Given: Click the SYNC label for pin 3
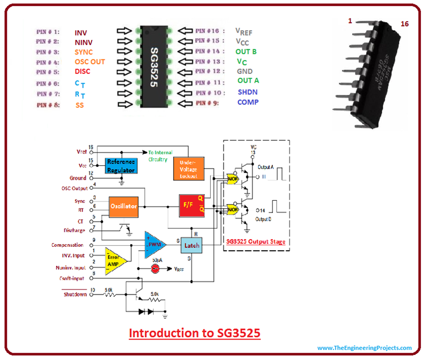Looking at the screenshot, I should [84, 52].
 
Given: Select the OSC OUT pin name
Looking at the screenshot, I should [89, 62].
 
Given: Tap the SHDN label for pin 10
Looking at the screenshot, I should [247, 92].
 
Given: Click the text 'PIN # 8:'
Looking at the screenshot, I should [48, 104].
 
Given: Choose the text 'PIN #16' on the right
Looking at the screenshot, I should [209, 32].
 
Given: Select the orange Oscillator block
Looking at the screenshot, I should [123, 206].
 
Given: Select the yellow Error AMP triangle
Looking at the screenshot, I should [114, 260].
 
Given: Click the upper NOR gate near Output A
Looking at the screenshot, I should [232, 179].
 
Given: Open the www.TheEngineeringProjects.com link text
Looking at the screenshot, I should [364, 348].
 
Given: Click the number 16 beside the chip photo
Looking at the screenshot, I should [405, 24].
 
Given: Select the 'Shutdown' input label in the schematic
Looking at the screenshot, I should [75, 295].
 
